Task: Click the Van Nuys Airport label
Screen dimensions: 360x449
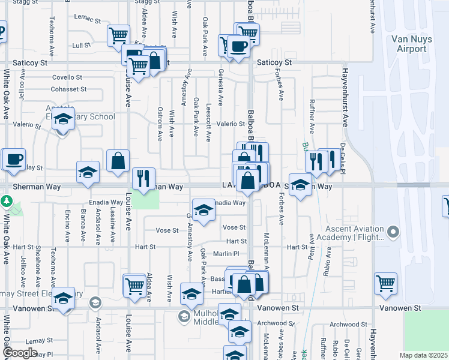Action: [412, 44]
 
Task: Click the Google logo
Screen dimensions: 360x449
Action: [20, 353]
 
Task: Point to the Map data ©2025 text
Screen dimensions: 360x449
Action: [424, 355]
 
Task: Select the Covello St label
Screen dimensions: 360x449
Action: [67, 77]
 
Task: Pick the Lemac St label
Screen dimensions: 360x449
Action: [88, 19]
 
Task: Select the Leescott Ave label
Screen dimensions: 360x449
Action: [208, 128]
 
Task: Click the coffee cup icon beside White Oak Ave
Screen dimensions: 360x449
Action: [13, 160]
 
